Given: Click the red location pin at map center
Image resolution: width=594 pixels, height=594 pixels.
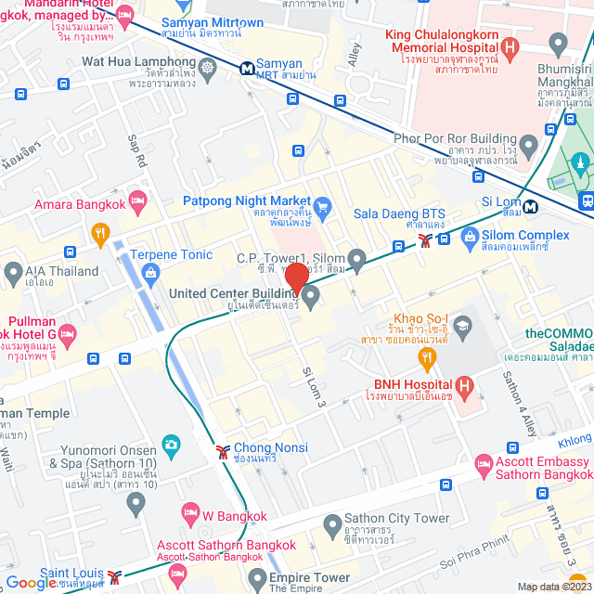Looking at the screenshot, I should pos(296,278).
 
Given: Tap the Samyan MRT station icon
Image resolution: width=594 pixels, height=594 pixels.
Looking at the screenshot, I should pos(248,68).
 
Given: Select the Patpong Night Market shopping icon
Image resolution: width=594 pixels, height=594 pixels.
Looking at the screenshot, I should pos(322,204).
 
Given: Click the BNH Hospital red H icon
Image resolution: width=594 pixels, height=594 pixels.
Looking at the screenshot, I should pos(465,384).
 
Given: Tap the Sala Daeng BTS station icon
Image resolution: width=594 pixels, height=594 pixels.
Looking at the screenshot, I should pos(425,239).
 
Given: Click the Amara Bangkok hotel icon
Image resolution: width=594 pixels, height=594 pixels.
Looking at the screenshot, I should pos(137,199).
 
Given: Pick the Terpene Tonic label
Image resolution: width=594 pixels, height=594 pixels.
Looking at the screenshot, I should pos(171,254).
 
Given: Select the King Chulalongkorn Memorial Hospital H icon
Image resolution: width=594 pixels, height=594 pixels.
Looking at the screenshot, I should pos(509,46).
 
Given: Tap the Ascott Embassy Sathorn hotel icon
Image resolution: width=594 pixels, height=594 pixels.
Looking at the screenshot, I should pos(483,462).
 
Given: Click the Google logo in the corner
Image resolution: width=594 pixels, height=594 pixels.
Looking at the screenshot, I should pos(32,583).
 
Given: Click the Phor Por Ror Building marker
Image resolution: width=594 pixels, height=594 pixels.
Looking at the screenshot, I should pos(528,145).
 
